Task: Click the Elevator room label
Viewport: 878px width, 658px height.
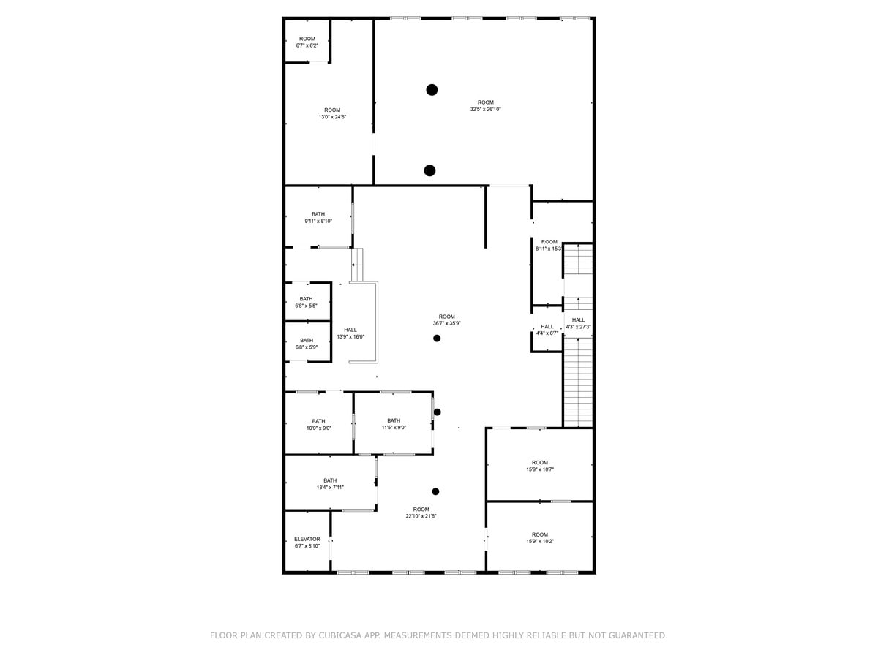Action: point(307,542)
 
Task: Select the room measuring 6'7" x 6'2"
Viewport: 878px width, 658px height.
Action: point(307,42)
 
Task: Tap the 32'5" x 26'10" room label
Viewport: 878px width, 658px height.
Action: point(485,106)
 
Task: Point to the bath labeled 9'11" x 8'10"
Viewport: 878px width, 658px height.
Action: point(318,217)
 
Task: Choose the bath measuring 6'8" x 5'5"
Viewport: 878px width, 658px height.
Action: point(306,302)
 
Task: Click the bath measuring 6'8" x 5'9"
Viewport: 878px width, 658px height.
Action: point(306,344)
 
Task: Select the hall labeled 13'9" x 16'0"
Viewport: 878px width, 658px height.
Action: point(350,333)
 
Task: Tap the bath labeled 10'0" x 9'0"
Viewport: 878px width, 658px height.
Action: point(318,425)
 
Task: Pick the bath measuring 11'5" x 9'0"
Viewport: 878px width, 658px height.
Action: point(394,424)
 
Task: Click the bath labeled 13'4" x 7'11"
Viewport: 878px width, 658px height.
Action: point(330,484)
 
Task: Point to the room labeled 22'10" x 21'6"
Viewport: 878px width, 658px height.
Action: point(421,513)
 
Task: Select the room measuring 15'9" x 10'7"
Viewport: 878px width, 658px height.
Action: point(539,466)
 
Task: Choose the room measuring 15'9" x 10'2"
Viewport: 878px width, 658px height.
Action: point(539,538)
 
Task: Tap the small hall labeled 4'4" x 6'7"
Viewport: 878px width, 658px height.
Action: point(547,330)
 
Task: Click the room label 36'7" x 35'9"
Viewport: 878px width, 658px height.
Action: point(446,319)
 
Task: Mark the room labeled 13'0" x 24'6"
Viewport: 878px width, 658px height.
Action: point(331,113)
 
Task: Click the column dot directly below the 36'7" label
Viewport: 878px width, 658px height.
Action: point(437,338)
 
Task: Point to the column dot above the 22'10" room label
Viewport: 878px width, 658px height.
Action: point(435,491)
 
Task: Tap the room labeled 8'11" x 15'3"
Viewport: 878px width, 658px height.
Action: point(549,245)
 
